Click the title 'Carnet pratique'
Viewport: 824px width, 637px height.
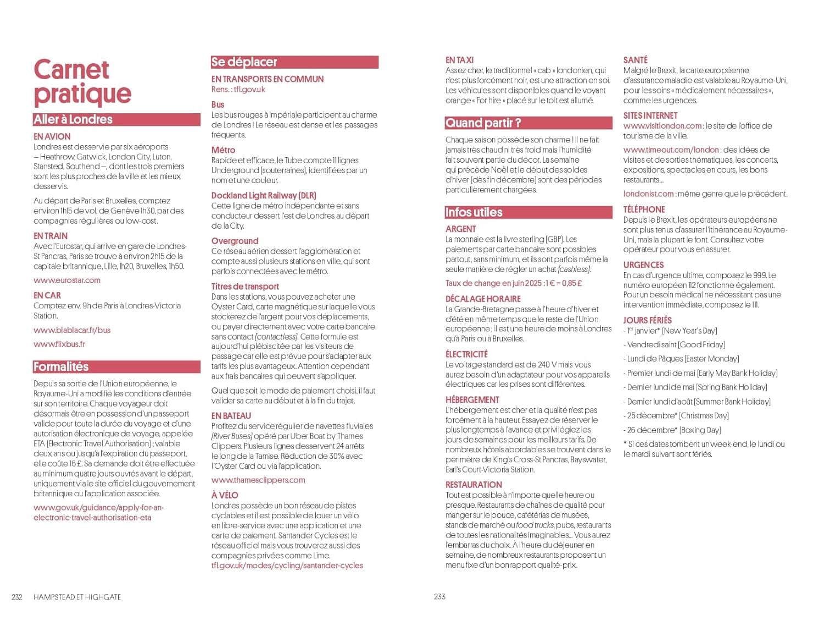click(x=82, y=82)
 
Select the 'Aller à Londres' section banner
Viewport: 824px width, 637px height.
click(x=116, y=120)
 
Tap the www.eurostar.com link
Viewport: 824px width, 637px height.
click(x=67, y=280)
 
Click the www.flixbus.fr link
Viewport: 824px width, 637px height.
click(x=59, y=344)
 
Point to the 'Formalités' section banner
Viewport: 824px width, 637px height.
click(x=116, y=367)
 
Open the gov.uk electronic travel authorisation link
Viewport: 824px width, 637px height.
click(x=99, y=513)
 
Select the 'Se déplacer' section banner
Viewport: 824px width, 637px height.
click(x=294, y=62)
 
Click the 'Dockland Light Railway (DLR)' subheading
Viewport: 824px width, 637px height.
click(x=264, y=196)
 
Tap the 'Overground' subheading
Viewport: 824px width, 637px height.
click(x=235, y=241)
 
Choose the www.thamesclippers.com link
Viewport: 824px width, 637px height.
click(x=258, y=480)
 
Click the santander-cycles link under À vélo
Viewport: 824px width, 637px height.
click(x=287, y=566)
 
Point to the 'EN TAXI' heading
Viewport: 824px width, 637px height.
click(x=459, y=60)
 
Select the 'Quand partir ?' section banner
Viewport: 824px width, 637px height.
click(x=528, y=123)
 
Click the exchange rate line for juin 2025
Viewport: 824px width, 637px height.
click(x=514, y=284)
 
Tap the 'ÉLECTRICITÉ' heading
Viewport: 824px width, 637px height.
click(x=466, y=354)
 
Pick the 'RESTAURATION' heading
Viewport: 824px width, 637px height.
click(x=474, y=485)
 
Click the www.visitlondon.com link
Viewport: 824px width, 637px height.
click(x=662, y=126)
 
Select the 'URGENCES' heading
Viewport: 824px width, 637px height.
click(x=643, y=265)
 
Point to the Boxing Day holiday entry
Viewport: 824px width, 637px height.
click(x=672, y=430)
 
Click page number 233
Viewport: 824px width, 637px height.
click(x=439, y=596)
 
